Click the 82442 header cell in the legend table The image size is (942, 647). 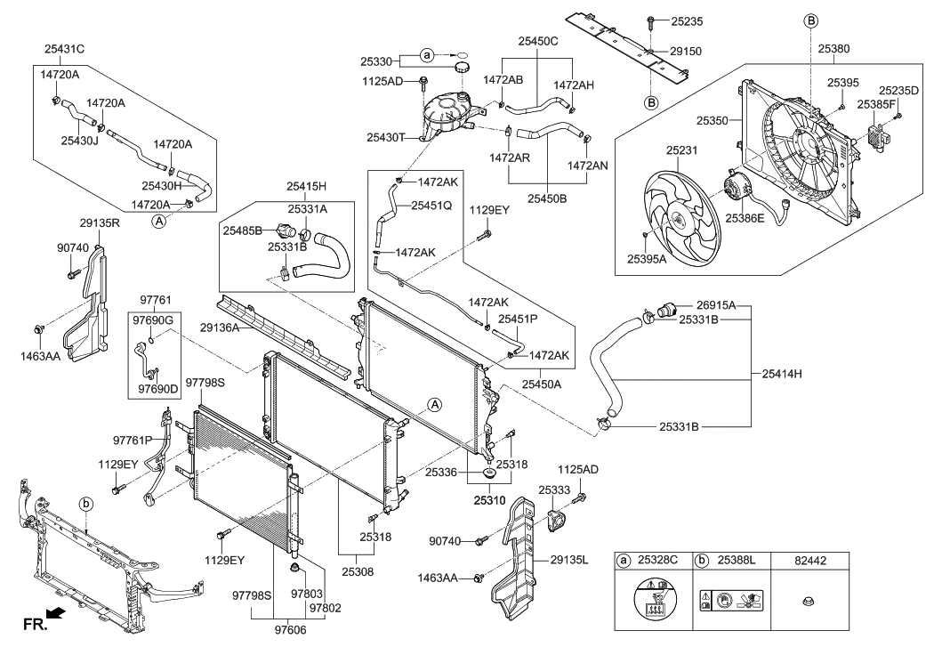pos(809,562)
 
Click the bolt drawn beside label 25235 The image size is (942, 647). pos(650,20)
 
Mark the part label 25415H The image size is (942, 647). pos(307,187)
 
